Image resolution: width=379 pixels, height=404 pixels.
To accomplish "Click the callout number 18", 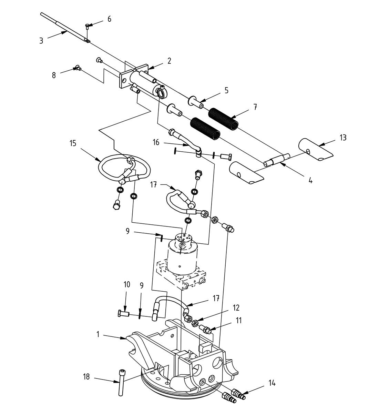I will point(86,377).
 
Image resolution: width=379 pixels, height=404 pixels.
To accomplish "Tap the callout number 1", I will point(98,334).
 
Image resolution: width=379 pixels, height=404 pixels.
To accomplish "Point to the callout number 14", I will point(272,383).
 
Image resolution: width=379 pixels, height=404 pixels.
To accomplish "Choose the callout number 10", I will point(127,284).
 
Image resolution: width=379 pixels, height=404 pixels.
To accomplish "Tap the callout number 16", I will point(156,142).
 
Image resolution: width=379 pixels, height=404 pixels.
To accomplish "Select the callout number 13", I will point(342,138).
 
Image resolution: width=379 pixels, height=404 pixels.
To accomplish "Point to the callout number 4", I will point(310,180).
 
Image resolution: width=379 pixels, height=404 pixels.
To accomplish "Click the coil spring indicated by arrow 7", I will point(224,118).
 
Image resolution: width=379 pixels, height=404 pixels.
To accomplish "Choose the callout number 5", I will point(226,90).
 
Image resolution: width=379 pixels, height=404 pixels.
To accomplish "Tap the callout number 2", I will point(169,61).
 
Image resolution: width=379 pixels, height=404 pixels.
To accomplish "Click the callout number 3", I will point(41,40).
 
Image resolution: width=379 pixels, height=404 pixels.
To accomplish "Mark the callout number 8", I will point(54,75).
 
